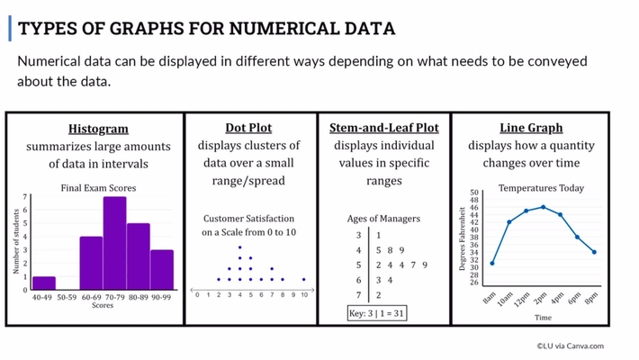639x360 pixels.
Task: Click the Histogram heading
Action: click(x=98, y=129)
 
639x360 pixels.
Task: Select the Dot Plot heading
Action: click(x=248, y=129)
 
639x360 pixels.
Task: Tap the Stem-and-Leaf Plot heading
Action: click(x=383, y=129)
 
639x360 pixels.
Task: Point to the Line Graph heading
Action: click(x=530, y=129)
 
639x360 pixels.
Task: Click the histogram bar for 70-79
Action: click(x=114, y=243)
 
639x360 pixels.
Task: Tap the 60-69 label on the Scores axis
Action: click(x=91, y=296)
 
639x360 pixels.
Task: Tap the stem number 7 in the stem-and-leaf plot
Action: click(x=358, y=294)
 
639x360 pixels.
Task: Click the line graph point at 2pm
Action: click(x=543, y=207)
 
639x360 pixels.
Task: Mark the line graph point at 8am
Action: click(x=492, y=263)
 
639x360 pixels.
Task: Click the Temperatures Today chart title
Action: click(x=541, y=188)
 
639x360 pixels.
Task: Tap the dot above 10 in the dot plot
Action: click(x=304, y=279)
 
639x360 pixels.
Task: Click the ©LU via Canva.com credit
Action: click(x=571, y=345)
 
